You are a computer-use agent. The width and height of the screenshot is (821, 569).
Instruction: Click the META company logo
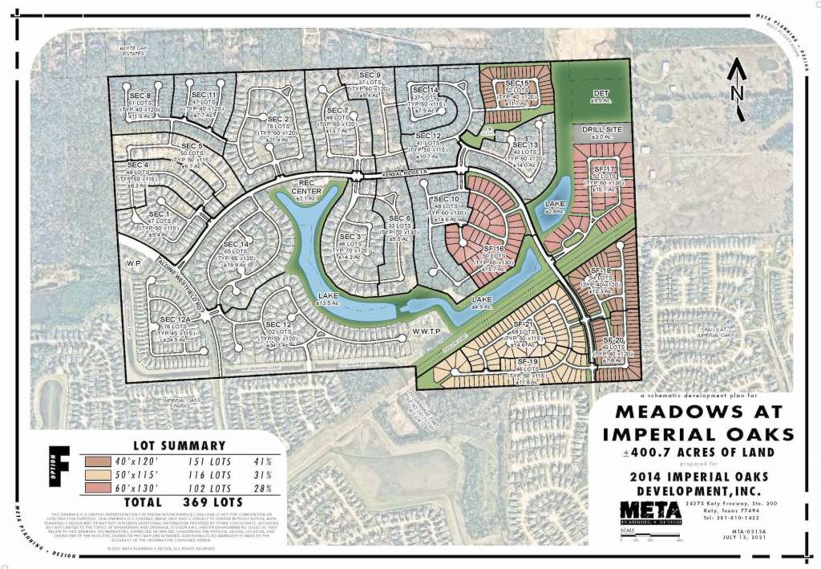coord(653,511)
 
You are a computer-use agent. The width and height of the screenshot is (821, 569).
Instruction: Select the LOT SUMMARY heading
coord(178,445)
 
